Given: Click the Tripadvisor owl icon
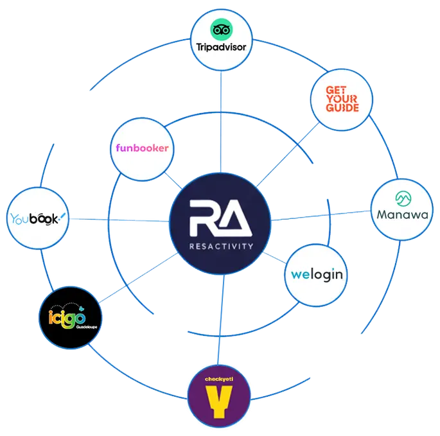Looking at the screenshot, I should (x=220, y=29).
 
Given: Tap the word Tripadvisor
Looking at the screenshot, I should (x=220, y=46).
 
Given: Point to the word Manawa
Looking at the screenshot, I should (x=402, y=216).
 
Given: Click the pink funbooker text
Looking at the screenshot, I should (x=143, y=148).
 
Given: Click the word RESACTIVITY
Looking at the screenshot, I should (x=220, y=245).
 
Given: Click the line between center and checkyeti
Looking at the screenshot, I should (x=220, y=321).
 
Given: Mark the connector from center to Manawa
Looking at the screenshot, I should (x=321, y=217).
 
